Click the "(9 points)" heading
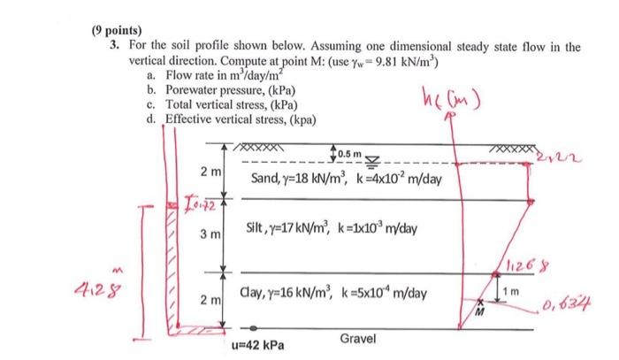point(117,28)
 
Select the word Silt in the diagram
point(258,230)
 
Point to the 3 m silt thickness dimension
point(206,235)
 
